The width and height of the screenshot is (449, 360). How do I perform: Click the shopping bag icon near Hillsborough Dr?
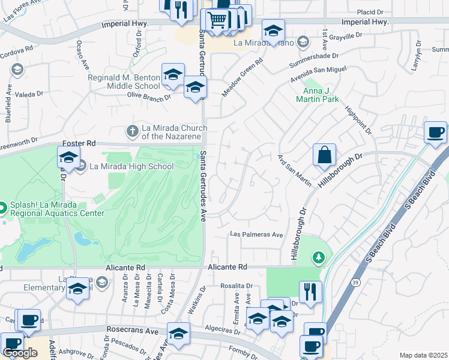coord(324,155)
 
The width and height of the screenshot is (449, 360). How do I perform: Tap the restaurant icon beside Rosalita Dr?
coord(310,292)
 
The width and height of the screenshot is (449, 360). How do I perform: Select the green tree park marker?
coord(318,257)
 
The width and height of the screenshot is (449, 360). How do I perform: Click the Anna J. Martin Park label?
coord(318,95)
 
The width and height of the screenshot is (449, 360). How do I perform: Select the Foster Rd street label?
coord(79,143)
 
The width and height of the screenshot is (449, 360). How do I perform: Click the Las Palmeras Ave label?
coord(257,235)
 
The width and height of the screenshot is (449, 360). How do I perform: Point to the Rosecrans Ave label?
coord(132,330)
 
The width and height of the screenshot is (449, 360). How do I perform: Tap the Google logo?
coord(20,353)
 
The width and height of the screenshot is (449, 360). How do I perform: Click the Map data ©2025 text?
coord(423,355)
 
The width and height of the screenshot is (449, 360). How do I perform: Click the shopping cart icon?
coord(217,21)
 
